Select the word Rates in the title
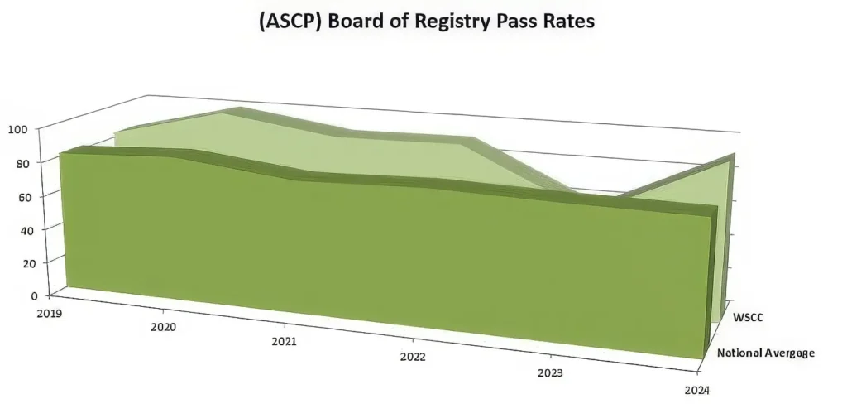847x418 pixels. pos(567,22)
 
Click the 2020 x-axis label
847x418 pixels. pos(164,327)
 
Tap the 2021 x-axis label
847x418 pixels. pos(285,341)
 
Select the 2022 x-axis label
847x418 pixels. pos(413,357)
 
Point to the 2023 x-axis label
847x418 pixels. pos(550,372)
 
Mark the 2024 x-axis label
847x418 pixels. pos(696,390)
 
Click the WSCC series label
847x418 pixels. pos(749,316)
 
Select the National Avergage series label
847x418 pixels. pos(766,353)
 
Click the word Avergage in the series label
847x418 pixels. pos(789,353)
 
